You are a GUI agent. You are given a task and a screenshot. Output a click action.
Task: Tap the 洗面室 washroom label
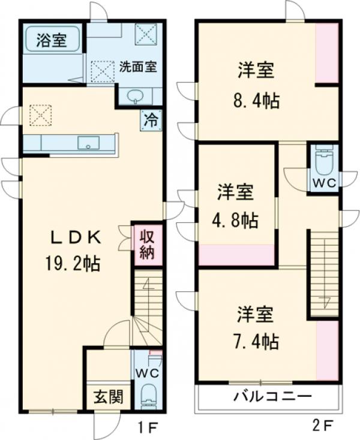139,66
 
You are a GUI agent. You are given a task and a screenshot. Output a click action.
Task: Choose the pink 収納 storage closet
148,243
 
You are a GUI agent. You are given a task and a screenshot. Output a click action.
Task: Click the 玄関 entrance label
108,397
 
